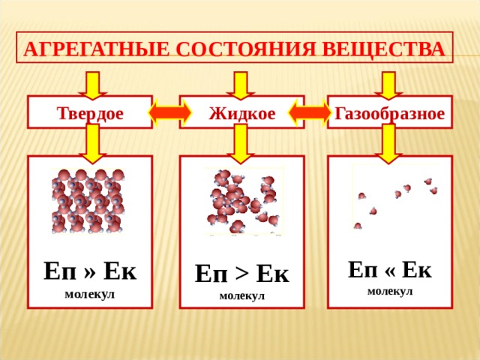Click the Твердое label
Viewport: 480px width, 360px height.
(90, 113)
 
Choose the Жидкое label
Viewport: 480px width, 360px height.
(241, 113)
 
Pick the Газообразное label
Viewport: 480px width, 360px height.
(390, 113)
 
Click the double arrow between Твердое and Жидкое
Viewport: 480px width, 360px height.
(170, 112)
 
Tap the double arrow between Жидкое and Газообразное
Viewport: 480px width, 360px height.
(310, 112)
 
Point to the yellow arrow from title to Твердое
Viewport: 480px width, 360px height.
(93, 85)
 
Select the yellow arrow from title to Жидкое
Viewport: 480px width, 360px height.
(240, 85)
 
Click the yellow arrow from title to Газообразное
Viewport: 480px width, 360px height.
(388, 85)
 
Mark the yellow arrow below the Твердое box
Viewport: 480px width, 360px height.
(93, 144)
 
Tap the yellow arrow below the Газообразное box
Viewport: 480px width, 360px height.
(388, 144)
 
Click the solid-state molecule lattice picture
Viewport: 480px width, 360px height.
(88, 201)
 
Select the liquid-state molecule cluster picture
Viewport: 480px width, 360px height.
(244, 201)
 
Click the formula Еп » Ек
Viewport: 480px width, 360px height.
(90, 271)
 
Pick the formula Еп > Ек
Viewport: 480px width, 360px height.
(241, 273)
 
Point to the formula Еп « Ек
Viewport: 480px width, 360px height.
(390, 269)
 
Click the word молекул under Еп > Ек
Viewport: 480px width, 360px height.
(241, 296)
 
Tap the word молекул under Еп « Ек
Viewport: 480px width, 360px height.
(390, 291)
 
